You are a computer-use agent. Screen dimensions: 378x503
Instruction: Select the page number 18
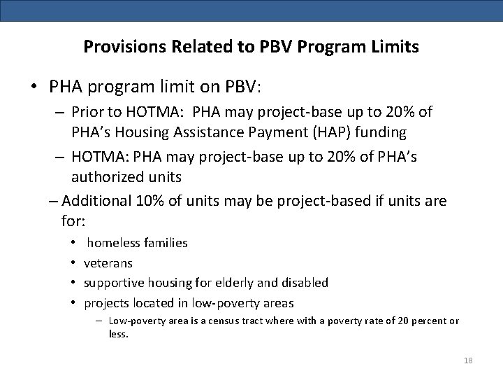click(x=468, y=360)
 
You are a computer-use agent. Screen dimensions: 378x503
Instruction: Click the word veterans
click(x=108, y=263)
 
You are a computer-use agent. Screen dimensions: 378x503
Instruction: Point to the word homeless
click(x=114, y=243)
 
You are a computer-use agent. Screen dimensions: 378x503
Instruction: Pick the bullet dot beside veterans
click(x=73, y=263)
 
